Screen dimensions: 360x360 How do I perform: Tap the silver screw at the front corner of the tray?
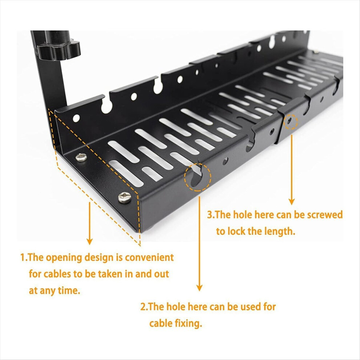click(125, 197)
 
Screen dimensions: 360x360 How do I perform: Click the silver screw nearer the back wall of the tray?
click(81, 157)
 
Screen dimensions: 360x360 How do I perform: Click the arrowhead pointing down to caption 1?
click(89, 241)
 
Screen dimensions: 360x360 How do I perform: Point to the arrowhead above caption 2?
click(199, 288)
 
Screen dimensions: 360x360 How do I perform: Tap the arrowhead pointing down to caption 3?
click(292, 201)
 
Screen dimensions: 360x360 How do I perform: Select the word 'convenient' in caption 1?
click(149, 257)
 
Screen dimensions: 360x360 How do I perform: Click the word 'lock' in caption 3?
click(237, 231)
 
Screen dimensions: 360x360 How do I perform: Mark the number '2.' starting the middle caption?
click(144, 307)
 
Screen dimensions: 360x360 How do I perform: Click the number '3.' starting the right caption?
click(211, 215)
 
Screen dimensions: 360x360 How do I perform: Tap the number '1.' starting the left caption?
click(24, 257)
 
